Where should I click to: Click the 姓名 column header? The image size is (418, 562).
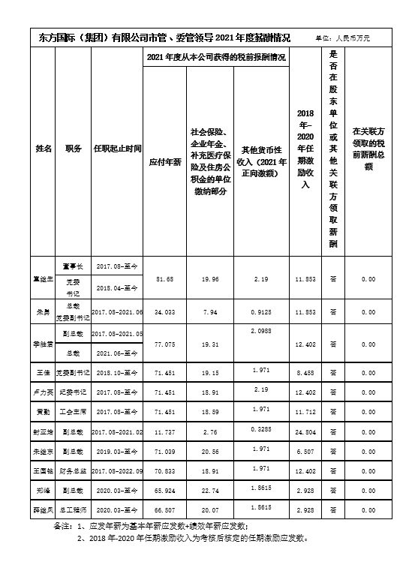[x=44, y=149]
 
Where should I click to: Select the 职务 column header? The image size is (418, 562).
[x=74, y=149]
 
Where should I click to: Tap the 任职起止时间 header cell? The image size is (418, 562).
[x=116, y=149]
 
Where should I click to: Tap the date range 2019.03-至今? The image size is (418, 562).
[x=116, y=452]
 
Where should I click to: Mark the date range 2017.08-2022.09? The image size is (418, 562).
[x=116, y=472]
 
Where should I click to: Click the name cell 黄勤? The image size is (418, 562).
[x=44, y=412]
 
